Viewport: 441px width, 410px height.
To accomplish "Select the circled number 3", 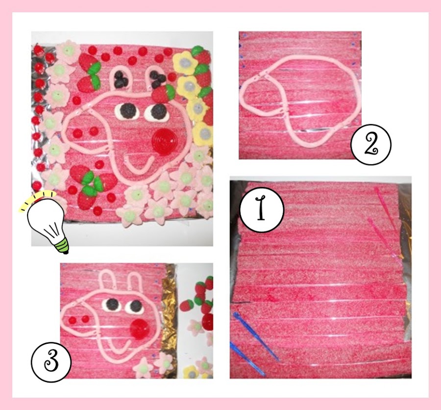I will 51,359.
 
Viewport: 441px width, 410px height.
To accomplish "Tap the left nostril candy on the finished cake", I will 77,133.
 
